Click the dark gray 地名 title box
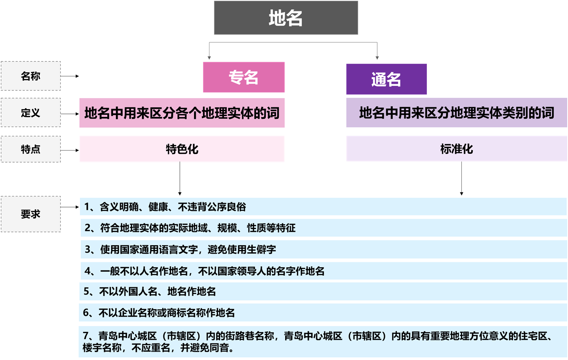pyautogui.click(x=286, y=18)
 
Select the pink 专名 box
pyautogui.click(x=243, y=77)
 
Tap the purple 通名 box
pyautogui.click(x=386, y=79)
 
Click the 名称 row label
pyautogui.click(x=31, y=76)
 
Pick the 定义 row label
pyautogui.click(x=31, y=113)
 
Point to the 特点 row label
pyautogui.click(x=31, y=149)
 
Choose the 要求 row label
pyautogui.click(x=31, y=214)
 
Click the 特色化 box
pyautogui.click(x=182, y=149)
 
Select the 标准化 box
pyautogui.click(x=456, y=149)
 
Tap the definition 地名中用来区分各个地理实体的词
pyautogui.click(x=182, y=113)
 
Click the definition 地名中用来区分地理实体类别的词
pyautogui.click(x=456, y=113)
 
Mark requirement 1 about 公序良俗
pyautogui.click(x=165, y=207)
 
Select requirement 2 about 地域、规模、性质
pyautogui.click(x=190, y=228)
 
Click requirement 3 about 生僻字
pyautogui.click(x=180, y=249)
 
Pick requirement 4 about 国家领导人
pyautogui.click(x=204, y=271)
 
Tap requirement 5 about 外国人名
pyautogui.click(x=150, y=291)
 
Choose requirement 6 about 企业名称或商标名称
pyautogui.click(x=159, y=313)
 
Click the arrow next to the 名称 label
pyautogui.click(x=70, y=76)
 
